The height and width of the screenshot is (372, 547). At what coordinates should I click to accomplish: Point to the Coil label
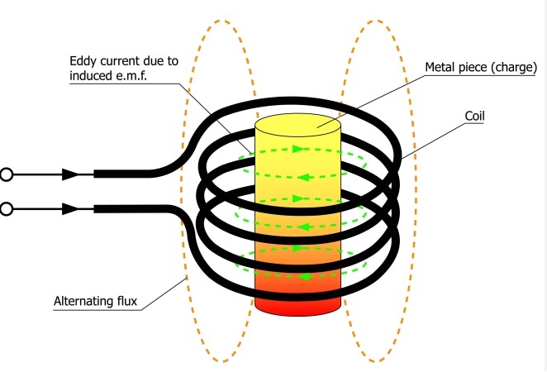pyautogui.click(x=474, y=116)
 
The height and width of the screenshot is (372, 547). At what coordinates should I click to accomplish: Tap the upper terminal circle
pyautogui.click(x=7, y=174)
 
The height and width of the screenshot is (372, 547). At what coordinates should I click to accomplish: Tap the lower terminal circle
pyautogui.click(x=7, y=209)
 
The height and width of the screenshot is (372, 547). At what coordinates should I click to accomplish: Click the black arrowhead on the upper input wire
pyautogui.click(x=72, y=174)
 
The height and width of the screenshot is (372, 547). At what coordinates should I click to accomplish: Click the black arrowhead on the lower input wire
pyautogui.click(x=72, y=209)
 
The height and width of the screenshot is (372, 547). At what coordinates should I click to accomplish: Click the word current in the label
pyautogui.click(x=126, y=61)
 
